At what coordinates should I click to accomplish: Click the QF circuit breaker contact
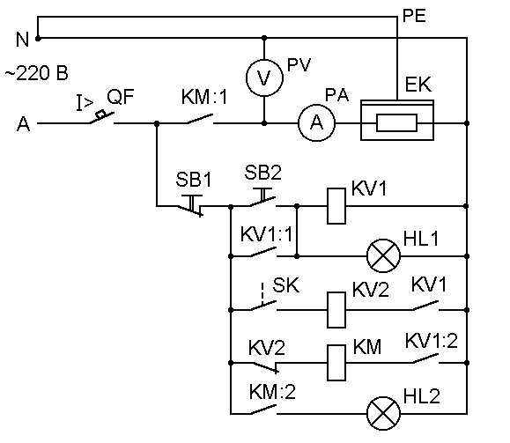point(102,117)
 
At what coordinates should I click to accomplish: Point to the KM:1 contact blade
point(200,119)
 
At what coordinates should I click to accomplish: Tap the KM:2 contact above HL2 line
point(263,410)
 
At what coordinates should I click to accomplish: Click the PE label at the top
point(414,16)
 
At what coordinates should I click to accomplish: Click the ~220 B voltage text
point(37,73)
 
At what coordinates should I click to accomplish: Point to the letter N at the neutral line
point(22,40)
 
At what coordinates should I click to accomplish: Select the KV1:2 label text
point(432,341)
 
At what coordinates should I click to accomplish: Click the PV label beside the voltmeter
point(299,64)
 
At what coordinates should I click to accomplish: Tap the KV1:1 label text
point(266,234)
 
